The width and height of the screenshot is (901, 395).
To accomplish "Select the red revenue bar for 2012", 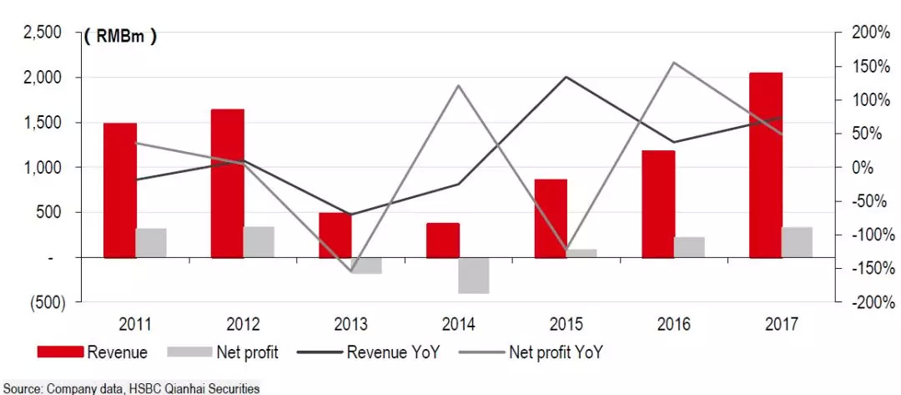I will tap(228, 183).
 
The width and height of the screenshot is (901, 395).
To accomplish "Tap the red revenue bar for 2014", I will tap(443, 241).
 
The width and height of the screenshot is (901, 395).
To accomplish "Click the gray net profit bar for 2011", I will tap(151, 243).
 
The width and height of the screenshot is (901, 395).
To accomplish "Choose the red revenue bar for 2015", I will tap(551, 218).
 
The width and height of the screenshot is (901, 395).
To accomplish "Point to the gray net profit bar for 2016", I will tap(689, 247).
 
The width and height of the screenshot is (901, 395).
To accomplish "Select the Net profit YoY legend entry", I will tap(554, 352).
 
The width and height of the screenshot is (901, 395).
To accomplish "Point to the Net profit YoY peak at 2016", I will tap(674, 63).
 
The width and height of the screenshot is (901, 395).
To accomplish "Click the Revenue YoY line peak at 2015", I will tap(566, 77).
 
